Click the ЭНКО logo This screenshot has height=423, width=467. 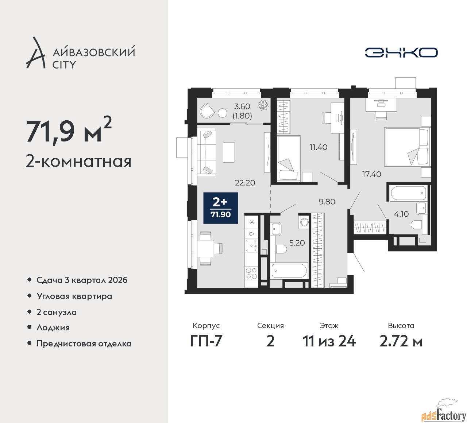click(x=401, y=53)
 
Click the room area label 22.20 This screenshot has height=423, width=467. click(x=245, y=183)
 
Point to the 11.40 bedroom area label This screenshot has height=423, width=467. click(x=319, y=147)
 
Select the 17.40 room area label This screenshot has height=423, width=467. click(x=371, y=174)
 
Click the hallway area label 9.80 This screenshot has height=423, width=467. click(x=327, y=201)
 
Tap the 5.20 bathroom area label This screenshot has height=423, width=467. click(x=297, y=243)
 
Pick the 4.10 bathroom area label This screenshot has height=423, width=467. click(x=401, y=214)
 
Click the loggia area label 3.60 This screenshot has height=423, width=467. click(x=242, y=106)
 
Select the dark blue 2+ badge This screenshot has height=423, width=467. click(x=220, y=208)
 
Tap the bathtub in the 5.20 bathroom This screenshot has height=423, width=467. click(x=289, y=271)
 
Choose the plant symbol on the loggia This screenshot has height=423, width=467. click(x=263, y=105)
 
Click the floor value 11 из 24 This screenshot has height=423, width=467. click(x=329, y=341)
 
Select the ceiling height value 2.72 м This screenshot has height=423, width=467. click(x=401, y=341)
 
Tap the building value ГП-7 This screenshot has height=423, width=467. click(x=206, y=341)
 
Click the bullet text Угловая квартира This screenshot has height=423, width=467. click(x=74, y=296)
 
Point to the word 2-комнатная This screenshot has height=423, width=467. click(x=78, y=161)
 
